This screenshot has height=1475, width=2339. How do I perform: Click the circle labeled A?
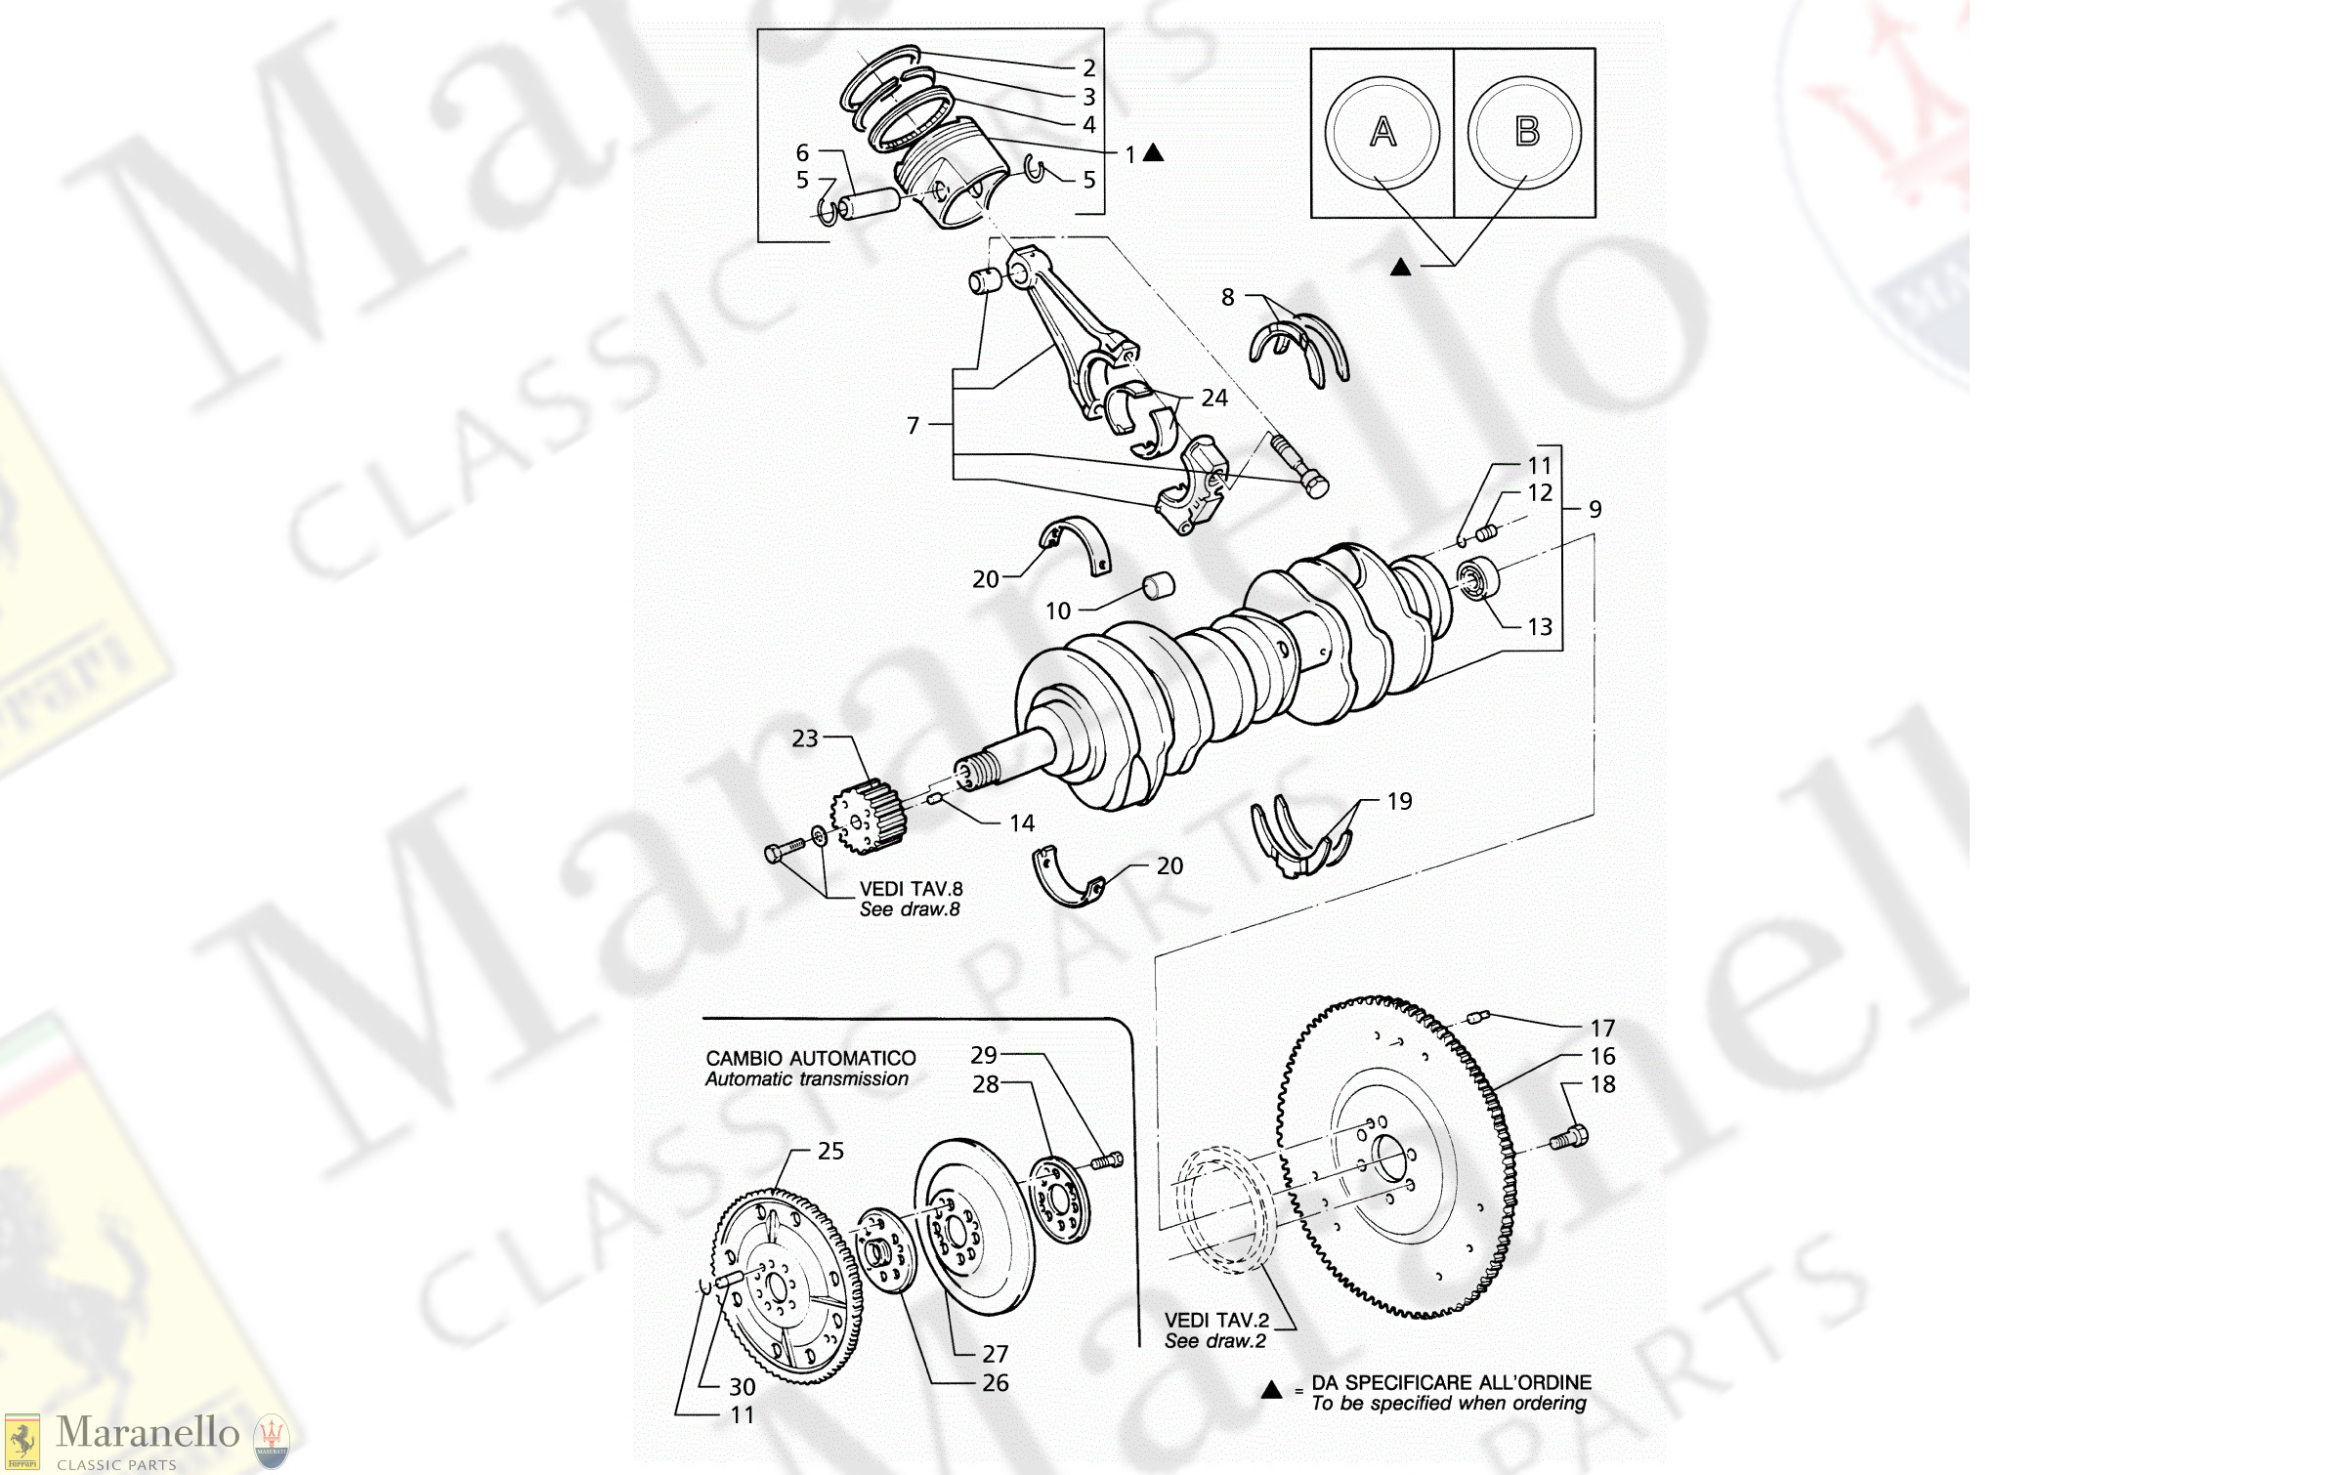click(1382, 132)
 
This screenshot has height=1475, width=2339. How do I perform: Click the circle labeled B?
click(1525, 132)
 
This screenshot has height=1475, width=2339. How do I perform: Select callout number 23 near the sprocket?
click(805, 738)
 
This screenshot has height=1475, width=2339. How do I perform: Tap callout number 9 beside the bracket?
click(1595, 509)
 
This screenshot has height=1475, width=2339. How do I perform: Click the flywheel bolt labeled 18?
click(1569, 1137)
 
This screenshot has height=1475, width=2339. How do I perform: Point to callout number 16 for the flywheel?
click(1602, 1056)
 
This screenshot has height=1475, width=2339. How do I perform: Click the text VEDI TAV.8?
click(911, 889)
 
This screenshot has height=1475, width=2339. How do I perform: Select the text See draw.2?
click(1214, 1341)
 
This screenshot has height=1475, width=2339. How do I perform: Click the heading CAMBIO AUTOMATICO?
click(810, 1058)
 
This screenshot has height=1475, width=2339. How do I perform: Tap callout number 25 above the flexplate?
click(830, 1151)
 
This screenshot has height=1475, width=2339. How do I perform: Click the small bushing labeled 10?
click(1159, 585)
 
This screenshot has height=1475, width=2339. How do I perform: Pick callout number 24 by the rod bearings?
click(1214, 398)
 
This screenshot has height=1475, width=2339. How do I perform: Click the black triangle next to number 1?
click(1153, 152)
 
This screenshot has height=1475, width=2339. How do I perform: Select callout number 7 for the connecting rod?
click(913, 425)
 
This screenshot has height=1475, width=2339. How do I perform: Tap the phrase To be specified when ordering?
click(1448, 1404)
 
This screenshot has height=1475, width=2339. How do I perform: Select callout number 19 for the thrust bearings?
click(1399, 801)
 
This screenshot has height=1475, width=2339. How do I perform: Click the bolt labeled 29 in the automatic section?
click(1107, 1160)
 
